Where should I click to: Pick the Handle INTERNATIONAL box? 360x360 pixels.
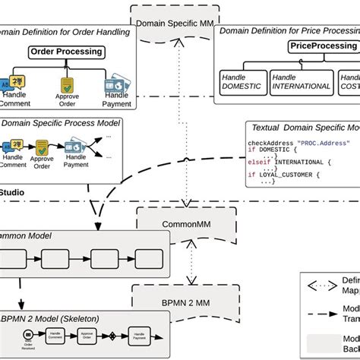click(302, 82)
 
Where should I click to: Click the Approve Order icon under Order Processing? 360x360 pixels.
click(67, 84)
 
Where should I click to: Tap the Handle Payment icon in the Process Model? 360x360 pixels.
click(76, 146)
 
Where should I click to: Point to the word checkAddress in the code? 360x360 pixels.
click(270, 143)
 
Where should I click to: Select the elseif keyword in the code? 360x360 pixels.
click(258, 161)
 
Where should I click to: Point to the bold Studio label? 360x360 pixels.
click(12, 194)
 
